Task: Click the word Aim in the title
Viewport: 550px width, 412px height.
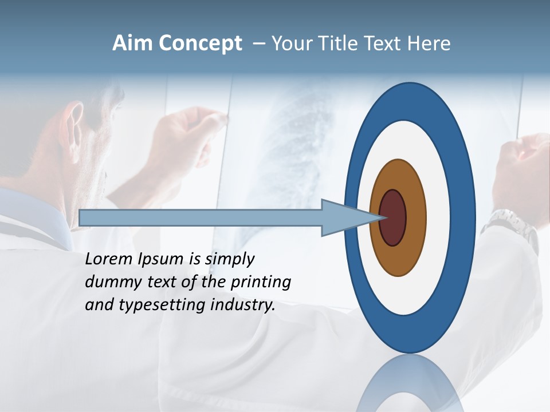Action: [x=132, y=43]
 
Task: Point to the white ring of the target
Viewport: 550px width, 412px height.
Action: [x=435, y=269]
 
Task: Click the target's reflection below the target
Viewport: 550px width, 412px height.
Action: [x=410, y=383]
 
